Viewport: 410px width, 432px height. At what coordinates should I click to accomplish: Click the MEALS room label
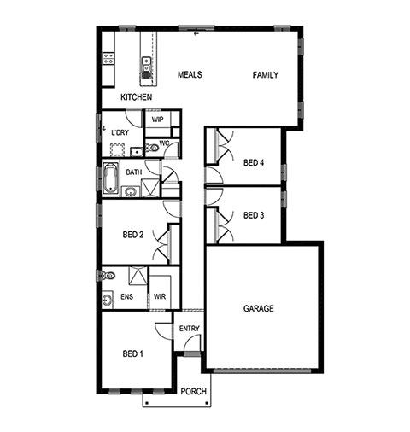pos(190,74)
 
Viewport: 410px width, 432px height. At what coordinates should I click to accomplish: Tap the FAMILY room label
pos(266,75)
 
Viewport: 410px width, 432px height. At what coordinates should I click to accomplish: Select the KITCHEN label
pos(137,97)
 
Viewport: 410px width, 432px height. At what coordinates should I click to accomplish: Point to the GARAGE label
pos(259,308)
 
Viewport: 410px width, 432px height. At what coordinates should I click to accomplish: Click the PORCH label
pos(194,392)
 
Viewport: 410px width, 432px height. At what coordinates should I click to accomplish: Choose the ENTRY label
pos(190,329)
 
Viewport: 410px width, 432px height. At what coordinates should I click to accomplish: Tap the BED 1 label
pos(132,353)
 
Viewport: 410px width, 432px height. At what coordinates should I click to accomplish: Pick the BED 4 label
pos(254,162)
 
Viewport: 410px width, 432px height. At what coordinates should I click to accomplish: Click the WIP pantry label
pos(157,120)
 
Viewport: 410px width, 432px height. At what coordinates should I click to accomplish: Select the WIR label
pos(160,296)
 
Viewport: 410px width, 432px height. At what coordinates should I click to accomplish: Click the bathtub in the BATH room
pos(110,178)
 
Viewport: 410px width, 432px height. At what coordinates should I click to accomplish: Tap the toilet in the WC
pos(152,148)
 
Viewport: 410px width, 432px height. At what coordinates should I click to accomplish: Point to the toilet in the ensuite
pos(108,276)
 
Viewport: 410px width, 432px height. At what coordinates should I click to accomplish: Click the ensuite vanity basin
pos(107,300)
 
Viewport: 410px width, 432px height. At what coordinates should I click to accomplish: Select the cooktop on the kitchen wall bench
pos(108,58)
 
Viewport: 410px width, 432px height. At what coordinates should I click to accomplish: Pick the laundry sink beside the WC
pos(137,152)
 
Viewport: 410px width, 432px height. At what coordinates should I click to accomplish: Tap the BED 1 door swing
pos(163,331)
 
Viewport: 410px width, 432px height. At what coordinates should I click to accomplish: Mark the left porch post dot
pos(147,403)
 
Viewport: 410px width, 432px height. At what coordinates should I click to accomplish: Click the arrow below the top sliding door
pos(196,33)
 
